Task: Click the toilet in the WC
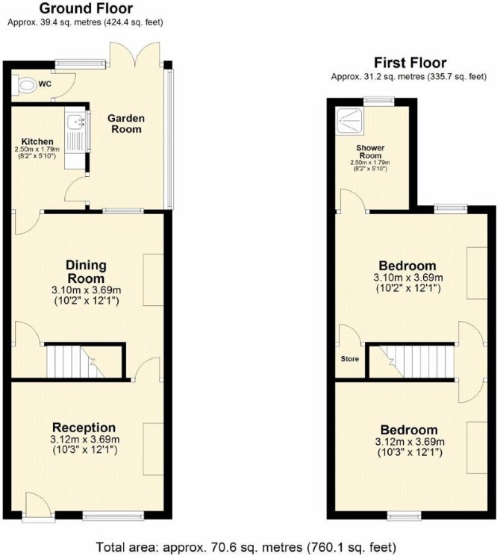click(x=25, y=85)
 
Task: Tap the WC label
click(x=45, y=84)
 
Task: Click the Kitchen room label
click(x=37, y=142)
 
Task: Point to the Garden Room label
click(x=126, y=123)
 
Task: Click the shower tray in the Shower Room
click(x=350, y=121)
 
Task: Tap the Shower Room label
click(x=370, y=152)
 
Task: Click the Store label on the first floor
click(x=350, y=359)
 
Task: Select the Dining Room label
click(x=86, y=271)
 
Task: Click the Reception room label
click(x=84, y=428)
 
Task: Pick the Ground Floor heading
click(x=86, y=7)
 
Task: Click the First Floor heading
click(x=410, y=63)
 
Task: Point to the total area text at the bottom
click(x=246, y=546)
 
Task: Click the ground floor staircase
click(x=85, y=362)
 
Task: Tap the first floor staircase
click(x=412, y=362)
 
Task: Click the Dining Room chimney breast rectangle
click(x=153, y=279)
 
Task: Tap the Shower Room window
click(x=378, y=100)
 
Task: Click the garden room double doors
click(x=135, y=54)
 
